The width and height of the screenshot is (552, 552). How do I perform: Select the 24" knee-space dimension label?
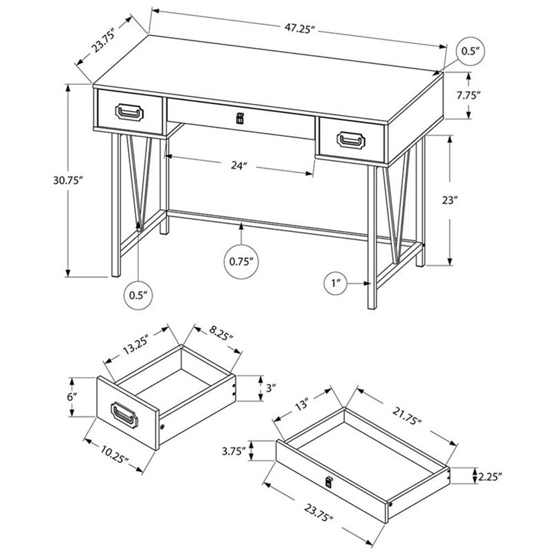(x=237, y=166)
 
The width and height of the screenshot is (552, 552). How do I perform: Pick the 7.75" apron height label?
(x=469, y=95)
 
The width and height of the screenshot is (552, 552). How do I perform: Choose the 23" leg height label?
(x=450, y=201)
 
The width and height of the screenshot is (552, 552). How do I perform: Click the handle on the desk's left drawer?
(x=129, y=112)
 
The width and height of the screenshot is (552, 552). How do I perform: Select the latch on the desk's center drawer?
(x=240, y=118)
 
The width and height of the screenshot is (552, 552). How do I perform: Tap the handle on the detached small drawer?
(x=126, y=414)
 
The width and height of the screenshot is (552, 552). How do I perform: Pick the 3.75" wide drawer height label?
(x=232, y=450)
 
